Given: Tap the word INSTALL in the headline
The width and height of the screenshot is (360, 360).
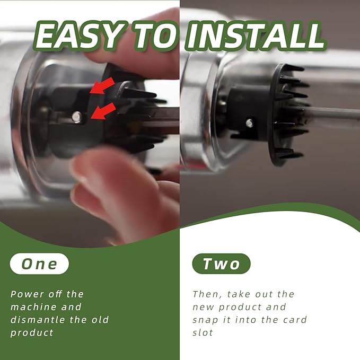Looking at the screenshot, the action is point(256,36).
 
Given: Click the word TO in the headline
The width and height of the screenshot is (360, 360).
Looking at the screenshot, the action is point(156,36).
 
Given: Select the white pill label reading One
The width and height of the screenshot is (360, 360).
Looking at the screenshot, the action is point(39,264).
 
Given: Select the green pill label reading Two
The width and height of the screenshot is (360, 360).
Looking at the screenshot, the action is point(221,264).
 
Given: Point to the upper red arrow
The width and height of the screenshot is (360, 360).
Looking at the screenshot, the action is point(102,86).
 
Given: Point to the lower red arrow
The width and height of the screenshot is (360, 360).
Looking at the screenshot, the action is point(103,111).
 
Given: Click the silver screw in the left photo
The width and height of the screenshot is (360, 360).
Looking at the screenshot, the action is point(77,117).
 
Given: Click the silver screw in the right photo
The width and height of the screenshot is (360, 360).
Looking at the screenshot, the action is point(250,124).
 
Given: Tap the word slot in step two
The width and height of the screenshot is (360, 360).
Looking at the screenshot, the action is point(203,332).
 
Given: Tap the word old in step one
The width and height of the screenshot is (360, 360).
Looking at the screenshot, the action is point(100,320).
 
